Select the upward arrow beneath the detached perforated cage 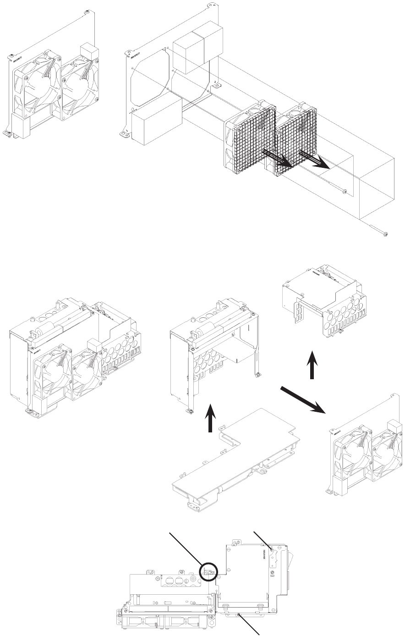[311, 365]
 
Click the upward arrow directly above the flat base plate [210, 418]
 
